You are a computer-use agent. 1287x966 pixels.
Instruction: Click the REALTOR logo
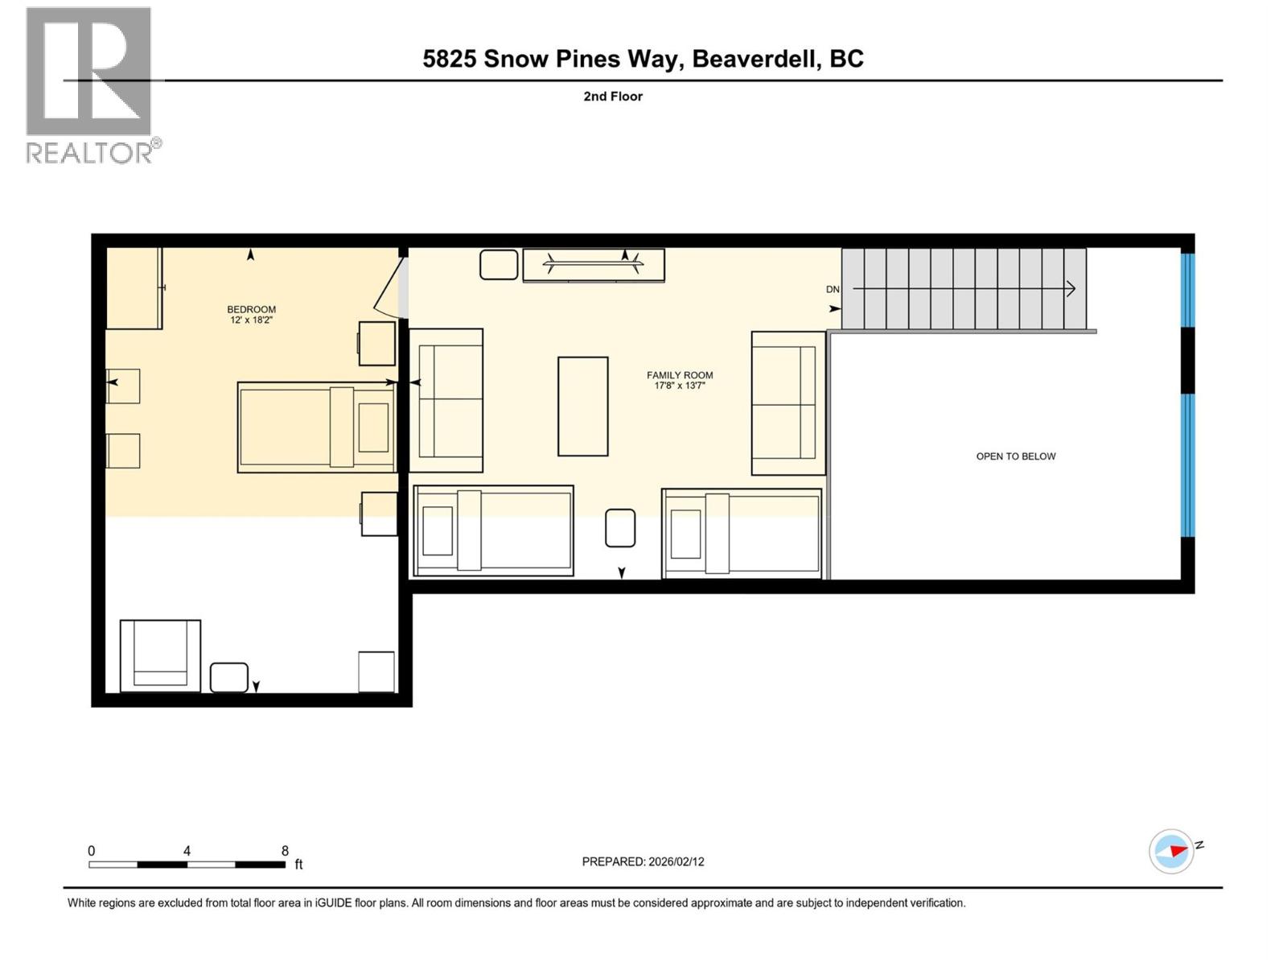point(89,85)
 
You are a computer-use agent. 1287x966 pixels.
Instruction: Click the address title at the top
point(643,59)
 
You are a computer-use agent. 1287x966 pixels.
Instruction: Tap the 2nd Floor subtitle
point(613,97)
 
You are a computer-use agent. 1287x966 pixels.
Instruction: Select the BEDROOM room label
point(251,309)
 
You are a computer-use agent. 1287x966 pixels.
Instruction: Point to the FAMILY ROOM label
point(680,375)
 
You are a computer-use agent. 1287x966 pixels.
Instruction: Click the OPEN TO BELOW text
point(1015,456)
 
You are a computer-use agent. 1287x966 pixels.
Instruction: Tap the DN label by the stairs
point(833,290)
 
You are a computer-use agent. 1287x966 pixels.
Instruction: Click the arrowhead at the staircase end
point(1071,288)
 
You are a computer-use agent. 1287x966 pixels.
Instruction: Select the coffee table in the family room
point(583,407)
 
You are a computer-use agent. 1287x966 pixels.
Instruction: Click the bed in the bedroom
point(316,427)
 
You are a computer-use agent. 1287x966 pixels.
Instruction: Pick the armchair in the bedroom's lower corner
point(160,655)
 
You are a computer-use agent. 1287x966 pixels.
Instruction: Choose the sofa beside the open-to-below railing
point(787,402)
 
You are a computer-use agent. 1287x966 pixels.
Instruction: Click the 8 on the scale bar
point(285,851)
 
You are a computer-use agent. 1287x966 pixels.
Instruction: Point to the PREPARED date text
point(643,861)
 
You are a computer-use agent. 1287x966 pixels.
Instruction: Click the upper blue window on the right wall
point(1187,290)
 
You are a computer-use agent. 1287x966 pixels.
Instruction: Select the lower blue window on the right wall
point(1187,465)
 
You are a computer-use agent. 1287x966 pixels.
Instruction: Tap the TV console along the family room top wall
point(594,265)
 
